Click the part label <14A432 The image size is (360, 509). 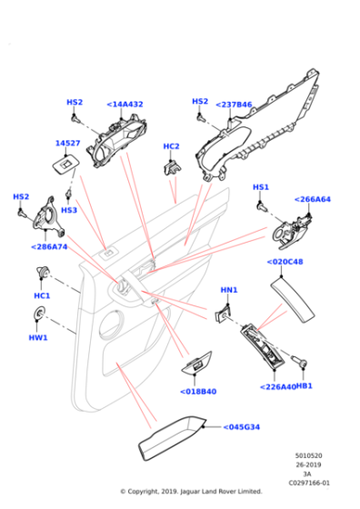point(125,105)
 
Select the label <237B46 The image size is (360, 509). point(234,105)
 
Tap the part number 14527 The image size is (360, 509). point(67,144)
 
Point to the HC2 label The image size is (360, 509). point(171,146)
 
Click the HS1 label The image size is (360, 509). point(261,187)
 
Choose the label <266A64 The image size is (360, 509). point(313,199)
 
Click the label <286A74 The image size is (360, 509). point(49,247)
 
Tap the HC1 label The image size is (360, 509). point(42,295)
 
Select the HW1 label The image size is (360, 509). point(38,337)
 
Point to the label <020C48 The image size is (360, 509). point(285,262)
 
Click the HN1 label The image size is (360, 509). point(229,290)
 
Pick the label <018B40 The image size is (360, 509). point(198,392)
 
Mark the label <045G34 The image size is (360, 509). point(242,427)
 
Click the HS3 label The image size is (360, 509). point(69,210)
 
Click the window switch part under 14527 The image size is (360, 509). point(65,165)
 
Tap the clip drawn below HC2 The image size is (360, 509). point(172,166)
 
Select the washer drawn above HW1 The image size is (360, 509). point(39,313)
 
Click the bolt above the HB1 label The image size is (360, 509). point(299,361)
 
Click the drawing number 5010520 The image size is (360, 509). point(308,455)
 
